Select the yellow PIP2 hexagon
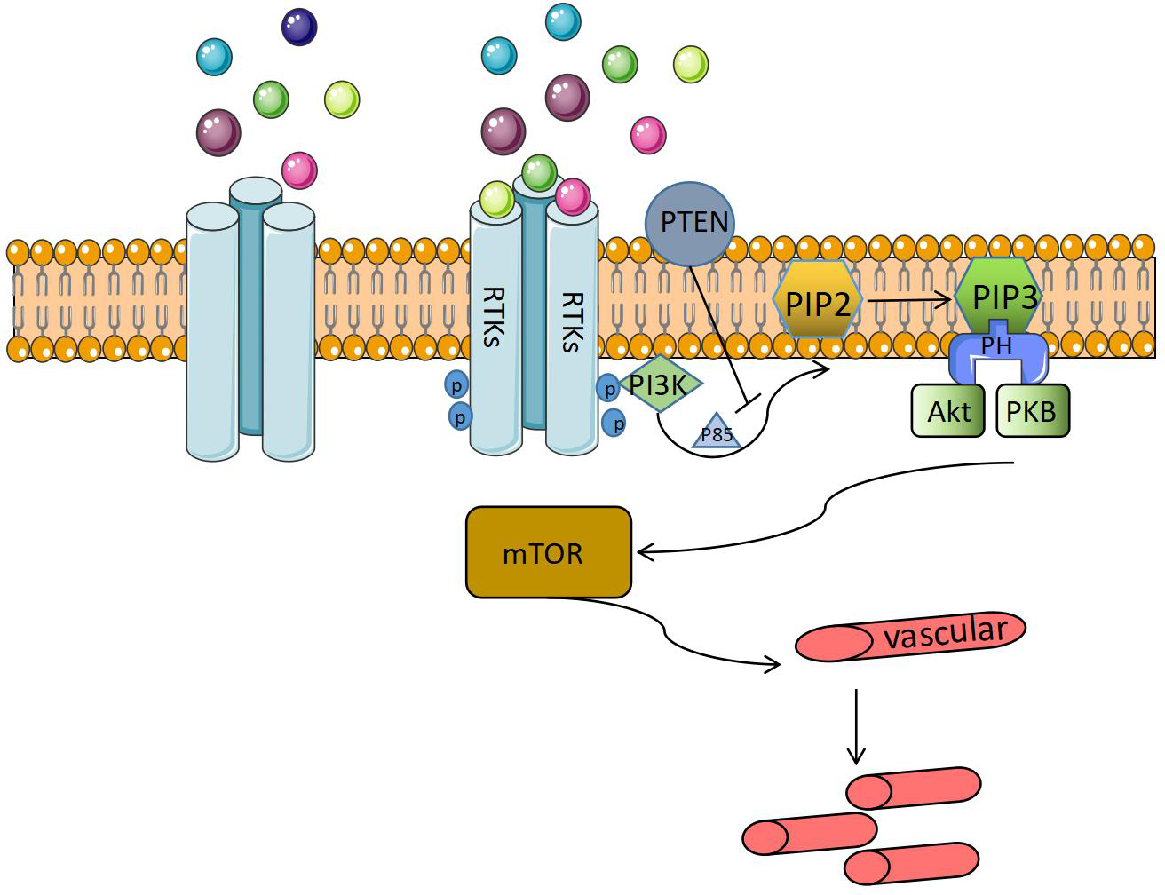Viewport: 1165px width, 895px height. (x=818, y=303)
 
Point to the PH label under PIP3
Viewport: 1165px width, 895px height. (x=997, y=345)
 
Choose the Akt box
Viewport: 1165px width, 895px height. (x=948, y=411)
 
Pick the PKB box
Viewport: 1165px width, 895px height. (x=1032, y=411)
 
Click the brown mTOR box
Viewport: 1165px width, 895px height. (x=548, y=552)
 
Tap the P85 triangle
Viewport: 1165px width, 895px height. (x=717, y=432)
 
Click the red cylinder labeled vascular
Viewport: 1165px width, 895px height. (x=910, y=637)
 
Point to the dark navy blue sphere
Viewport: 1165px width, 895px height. (x=299, y=27)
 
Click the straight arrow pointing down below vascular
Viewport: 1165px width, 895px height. (x=855, y=724)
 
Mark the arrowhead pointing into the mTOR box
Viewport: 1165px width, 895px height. (x=644, y=552)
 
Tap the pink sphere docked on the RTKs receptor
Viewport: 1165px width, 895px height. (x=573, y=196)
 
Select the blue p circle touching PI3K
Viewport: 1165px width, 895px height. (x=608, y=388)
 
